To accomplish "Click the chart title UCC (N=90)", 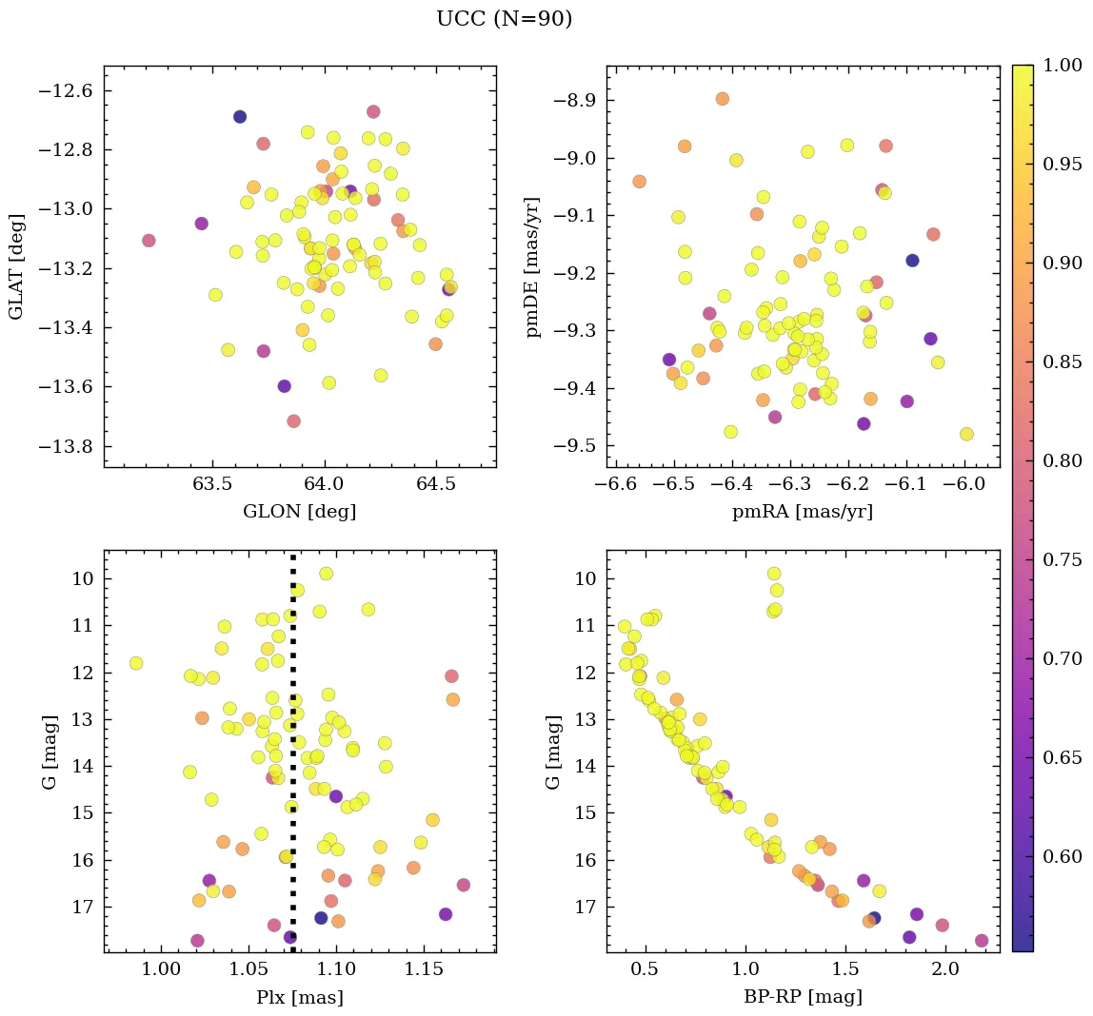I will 504,19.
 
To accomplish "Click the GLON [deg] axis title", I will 299,512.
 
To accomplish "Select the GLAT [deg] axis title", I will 16,266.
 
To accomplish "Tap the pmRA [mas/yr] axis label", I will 802,512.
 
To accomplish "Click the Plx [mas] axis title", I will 299,997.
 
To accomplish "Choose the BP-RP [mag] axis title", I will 802,997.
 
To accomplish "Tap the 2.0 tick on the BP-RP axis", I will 944,969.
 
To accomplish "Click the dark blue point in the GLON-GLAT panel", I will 240,116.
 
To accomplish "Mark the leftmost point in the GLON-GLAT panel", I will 149,240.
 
